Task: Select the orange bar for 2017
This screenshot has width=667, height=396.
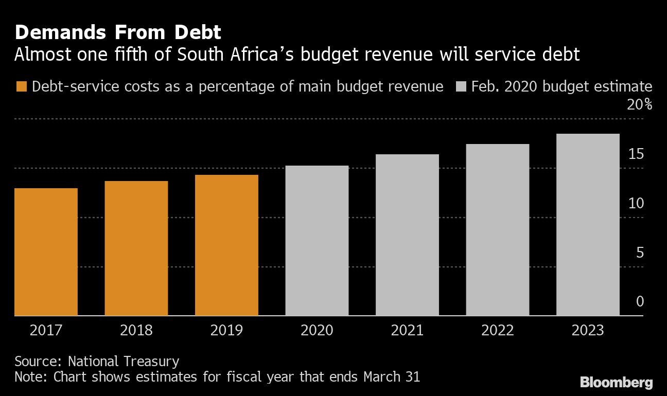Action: tap(46, 252)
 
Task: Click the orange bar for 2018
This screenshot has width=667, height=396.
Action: tap(136, 248)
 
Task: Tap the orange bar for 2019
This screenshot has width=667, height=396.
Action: tap(226, 245)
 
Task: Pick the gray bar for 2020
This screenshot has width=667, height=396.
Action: tap(317, 241)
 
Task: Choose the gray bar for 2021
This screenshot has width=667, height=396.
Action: tap(407, 235)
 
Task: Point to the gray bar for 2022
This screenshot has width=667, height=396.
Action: tap(498, 230)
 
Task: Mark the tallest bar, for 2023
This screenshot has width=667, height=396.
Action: tap(588, 225)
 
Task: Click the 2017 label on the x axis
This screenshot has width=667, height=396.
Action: tap(46, 330)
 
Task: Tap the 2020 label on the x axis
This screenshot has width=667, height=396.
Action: tap(317, 330)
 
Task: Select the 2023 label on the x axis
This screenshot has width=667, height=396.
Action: tap(588, 330)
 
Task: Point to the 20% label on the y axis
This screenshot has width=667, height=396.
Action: tap(639, 105)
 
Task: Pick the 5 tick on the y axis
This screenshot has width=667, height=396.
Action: tap(640, 253)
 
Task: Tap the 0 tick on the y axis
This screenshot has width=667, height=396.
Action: tap(640, 301)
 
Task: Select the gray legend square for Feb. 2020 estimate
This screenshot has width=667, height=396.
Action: tap(462, 86)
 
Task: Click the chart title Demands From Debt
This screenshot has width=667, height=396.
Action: tap(118, 33)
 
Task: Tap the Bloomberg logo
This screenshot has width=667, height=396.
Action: tap(616, 382)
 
